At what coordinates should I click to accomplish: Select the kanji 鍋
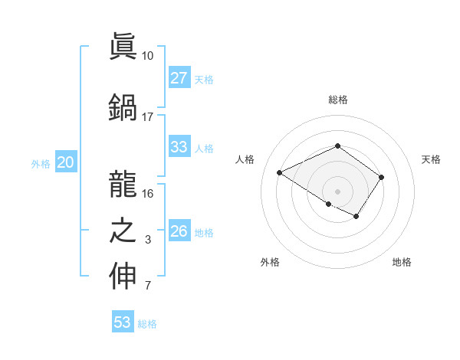[123, 106]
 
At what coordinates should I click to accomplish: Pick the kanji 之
[123, 230]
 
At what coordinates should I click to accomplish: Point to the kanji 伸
[123, 277]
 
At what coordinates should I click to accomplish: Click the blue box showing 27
[179, 78]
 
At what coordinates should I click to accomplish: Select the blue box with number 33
[179, 147]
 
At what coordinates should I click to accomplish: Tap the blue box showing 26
[179, 231]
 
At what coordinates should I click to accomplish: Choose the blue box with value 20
[66, 162]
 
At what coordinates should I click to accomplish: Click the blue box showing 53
[123, 322]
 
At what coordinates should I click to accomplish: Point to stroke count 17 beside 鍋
[147, 116]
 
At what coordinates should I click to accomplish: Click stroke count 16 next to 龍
[147, 193]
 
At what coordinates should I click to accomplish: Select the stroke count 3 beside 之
[147, 240]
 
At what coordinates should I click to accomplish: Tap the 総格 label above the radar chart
[337, 100]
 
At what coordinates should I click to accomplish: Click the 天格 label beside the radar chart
[431, 159]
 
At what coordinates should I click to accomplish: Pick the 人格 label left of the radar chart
[245, 159]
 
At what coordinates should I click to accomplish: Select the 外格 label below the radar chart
[270, 263]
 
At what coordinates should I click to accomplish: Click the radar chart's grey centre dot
[337, 191]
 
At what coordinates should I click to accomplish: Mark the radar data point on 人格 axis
[280, 172]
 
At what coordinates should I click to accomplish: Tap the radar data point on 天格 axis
[382, 177]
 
